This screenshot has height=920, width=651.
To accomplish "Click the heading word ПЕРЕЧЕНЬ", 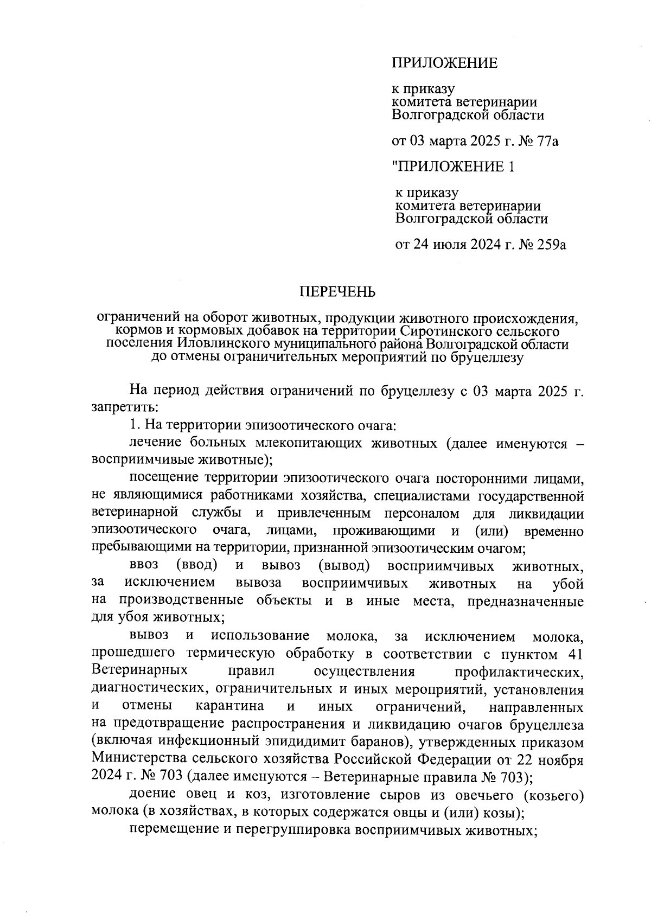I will pyautogui.click(x=338, y=292).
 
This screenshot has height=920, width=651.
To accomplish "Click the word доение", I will pyautogui.click(x=153, y=795).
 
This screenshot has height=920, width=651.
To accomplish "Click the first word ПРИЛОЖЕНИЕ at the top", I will pyautogui.click(x=445, y=63).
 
